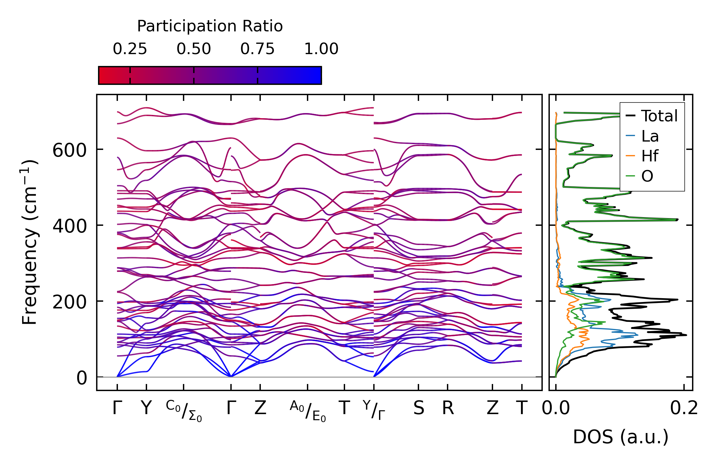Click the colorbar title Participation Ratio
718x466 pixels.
point(210,26)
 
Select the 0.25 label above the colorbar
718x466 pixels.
point(130,49)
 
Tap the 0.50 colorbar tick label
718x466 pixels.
point(194,49)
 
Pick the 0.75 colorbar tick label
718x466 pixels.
point(257,49)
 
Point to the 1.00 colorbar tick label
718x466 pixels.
point(321,49)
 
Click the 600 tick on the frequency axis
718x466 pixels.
point(70,150)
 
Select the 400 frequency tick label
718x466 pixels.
point(70,226)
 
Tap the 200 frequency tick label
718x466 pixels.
point(70,302)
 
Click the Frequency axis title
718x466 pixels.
point(30,242)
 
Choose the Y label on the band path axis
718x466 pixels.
point(146,408)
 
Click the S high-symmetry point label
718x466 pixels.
point(418,408)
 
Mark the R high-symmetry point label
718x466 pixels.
point(448,408)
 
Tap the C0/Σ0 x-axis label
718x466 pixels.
point(184,411)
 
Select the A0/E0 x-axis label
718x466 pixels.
point(308,411)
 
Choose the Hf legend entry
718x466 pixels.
point(649,156)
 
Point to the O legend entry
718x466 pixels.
point(647,176)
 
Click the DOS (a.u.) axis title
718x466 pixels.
point(621,437)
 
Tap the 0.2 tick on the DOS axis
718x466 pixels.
point(684,408)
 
